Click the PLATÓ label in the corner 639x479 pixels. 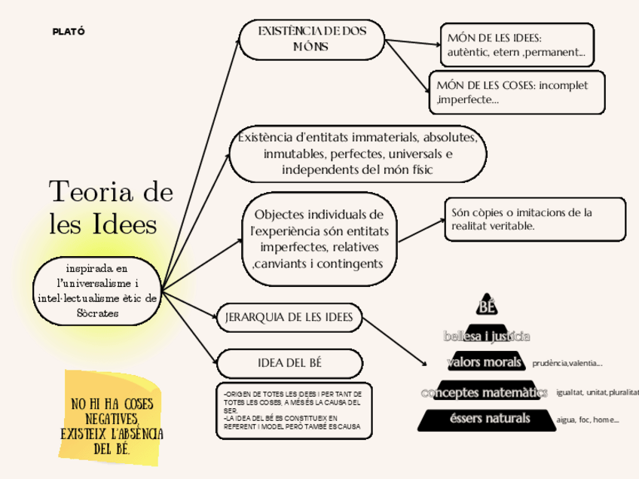68,31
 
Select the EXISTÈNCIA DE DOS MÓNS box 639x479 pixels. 312,39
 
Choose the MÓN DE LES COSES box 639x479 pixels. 517,92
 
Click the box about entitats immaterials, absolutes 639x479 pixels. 357,154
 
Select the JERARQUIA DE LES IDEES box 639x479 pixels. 289,317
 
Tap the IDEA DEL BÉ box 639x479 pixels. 289,363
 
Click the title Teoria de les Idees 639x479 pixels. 110,207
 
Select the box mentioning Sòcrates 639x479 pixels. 97,291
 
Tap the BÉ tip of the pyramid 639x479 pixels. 488,305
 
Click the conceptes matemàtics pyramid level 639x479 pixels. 485,392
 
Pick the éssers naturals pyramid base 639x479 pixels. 485,419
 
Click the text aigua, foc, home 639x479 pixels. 587,420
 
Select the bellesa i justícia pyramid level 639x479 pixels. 487,335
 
